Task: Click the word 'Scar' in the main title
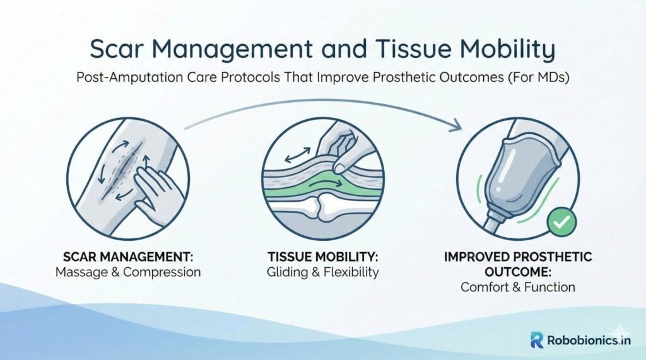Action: click(x=115, y=49)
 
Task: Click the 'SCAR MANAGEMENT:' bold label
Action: click(x=127, y=257)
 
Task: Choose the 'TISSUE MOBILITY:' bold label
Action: click(x=322, y=257)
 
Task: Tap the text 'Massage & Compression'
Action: click(x=128, y=272)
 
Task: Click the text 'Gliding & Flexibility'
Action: click(x=322, y=272)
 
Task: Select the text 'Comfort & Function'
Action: click(x=518, y=287)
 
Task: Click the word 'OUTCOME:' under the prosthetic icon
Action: click(x=518, y=272)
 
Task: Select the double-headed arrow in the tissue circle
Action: click(x=298, y=156)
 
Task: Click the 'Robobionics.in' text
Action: click(x=589, y=340)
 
